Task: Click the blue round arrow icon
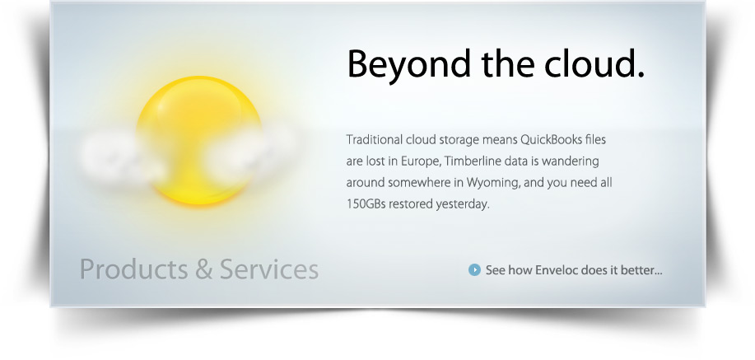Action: click(474, 269)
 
